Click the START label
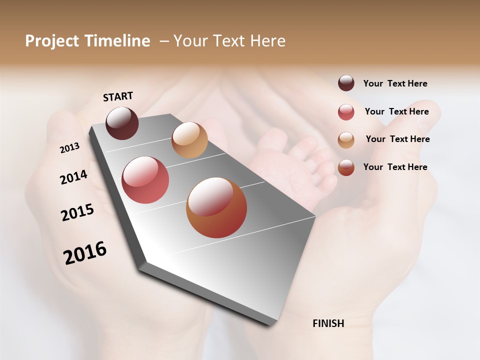[118, 96]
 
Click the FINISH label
[328, 323]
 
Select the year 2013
[69, 147]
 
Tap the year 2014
[73, 177]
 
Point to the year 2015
[77, 212]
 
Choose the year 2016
[85, 253]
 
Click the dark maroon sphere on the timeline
[122, 123]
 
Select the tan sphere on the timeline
[189, 139]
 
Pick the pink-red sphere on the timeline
[145, 180]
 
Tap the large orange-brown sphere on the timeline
[216, 207]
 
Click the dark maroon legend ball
[346, 83]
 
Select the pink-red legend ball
[346, 112]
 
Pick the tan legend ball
[346, 140]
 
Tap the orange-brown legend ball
[346, 167]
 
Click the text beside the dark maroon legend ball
[395, 83]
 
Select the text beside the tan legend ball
[397, 139]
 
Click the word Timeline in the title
[117, 41]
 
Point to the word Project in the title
[52, 41]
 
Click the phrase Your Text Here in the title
[229, 41]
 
